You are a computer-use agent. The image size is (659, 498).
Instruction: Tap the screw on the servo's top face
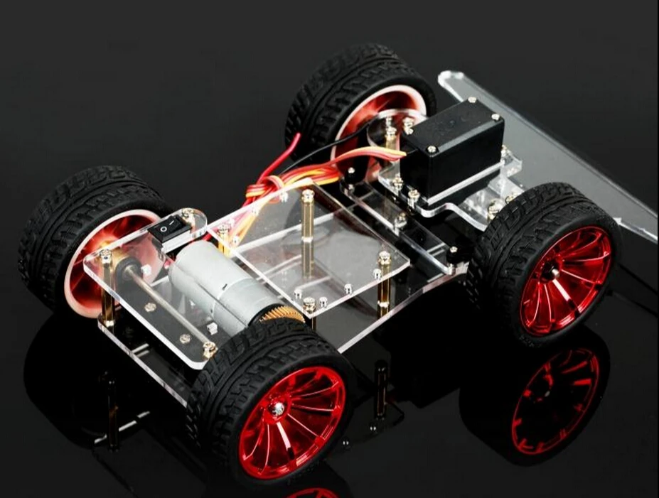tap(431, 149)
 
